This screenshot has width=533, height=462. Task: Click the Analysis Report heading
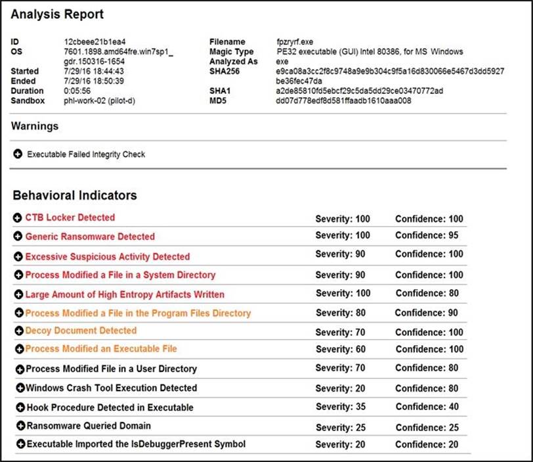57,14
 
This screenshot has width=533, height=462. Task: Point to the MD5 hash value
344,101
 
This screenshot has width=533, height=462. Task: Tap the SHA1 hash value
360,91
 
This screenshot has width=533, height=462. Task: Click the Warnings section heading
35,126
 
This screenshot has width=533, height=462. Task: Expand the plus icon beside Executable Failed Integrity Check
18,154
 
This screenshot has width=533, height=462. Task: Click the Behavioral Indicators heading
75,195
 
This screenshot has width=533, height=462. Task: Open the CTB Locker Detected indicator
70,218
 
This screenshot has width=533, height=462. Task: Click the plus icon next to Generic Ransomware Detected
18,237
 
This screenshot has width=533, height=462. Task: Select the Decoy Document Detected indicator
81,331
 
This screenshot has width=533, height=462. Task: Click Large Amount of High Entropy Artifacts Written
125,294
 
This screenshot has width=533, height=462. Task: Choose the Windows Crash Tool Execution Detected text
112,388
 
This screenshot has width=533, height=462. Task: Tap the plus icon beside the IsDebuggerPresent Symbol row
20,444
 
